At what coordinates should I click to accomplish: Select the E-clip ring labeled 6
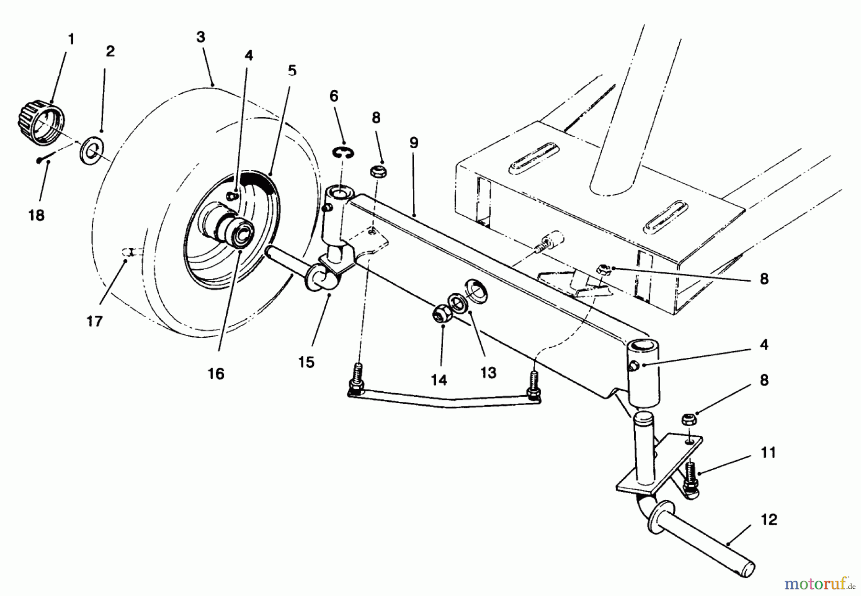tap(341, 153)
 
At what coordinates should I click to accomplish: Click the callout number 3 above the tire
tap(201, 37)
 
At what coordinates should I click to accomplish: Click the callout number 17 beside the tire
tap(95, 321)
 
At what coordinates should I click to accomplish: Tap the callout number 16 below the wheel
tap(216, 374)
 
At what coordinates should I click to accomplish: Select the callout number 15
tap(306, 362)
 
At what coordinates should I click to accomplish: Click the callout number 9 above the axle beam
tap(414, 143)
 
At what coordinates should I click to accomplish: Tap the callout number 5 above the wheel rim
tap(292, 71)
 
